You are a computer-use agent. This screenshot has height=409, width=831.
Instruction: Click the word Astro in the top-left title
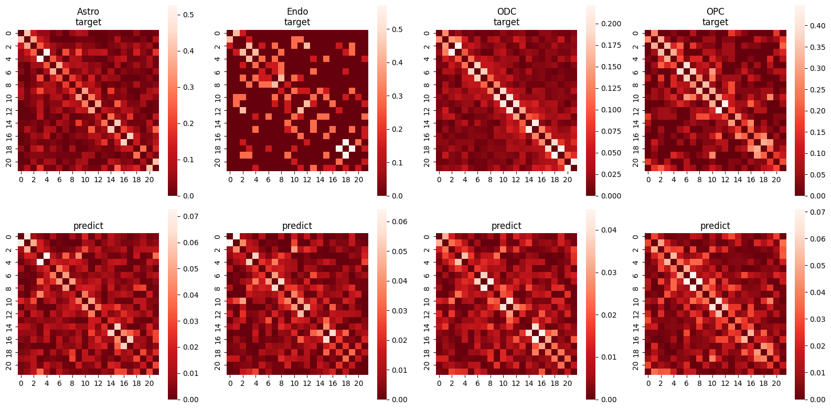click(x=88, y=12)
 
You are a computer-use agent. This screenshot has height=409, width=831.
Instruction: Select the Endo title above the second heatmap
click(x=297, y=12)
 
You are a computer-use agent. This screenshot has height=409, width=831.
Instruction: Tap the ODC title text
click(x=506, y=12)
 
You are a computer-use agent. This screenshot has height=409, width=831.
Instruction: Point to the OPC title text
click(x=715, y=12)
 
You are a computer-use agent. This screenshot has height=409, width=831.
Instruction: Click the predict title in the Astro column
click(x=88, y=226)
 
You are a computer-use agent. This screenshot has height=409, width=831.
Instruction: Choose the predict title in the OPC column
click(x=715, y=226)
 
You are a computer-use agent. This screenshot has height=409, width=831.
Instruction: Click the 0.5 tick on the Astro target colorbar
click(x=188, y=15)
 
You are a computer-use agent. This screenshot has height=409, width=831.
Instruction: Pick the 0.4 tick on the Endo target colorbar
click(x=397, y=62)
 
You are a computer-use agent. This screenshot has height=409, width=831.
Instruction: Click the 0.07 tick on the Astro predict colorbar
click(x=190, y=216)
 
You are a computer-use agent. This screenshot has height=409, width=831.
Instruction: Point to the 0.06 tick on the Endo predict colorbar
click(x=400, y=222)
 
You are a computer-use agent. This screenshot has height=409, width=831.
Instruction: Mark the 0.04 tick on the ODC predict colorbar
click(x=609, y=230)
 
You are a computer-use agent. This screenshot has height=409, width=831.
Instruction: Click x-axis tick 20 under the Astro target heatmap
click(x=150, y=180)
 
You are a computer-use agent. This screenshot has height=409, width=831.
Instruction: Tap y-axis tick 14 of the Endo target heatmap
click(x=218, y=123)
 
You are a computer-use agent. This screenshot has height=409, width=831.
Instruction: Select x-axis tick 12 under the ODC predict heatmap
click(x=516, y=383)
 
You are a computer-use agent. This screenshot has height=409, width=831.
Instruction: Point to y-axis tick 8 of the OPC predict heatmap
click(x=636, y=288)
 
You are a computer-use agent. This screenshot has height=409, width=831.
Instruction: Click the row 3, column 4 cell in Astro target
click(x=47, y=53)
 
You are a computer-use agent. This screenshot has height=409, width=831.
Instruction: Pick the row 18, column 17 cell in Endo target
click(x=339, y=149)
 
